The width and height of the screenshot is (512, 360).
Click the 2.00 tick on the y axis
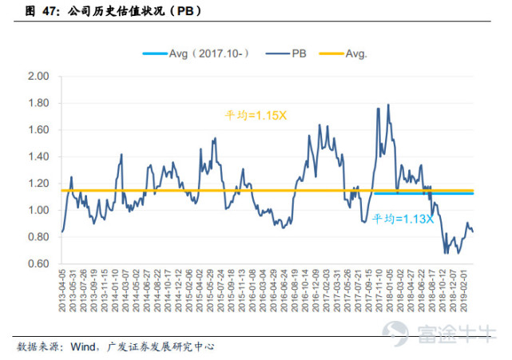[39, 77]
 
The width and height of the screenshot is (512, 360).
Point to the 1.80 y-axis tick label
[39, 104]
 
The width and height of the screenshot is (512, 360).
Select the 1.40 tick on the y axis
[39, 157]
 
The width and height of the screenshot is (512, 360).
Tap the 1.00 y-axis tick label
[39, 211]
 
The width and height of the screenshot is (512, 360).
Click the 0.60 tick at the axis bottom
[39, 264]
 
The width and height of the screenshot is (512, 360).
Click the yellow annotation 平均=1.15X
[255, 115]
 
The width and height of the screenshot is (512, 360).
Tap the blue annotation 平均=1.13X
[403, 218]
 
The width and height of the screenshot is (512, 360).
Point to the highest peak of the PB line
[388, 105]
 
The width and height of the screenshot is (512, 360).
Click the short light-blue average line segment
[423, 193]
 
